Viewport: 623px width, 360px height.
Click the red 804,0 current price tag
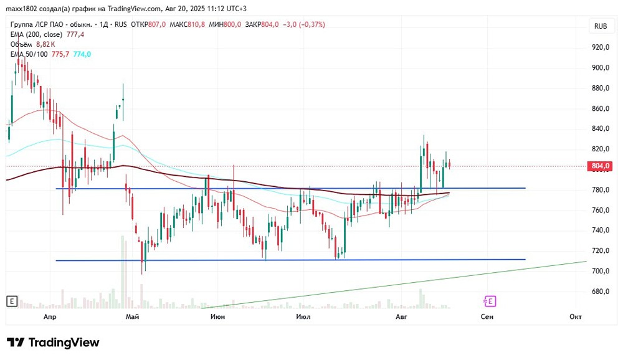599,166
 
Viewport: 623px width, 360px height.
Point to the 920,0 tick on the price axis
601,47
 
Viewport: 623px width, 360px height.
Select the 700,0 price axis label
601,271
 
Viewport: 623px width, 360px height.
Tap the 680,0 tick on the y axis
601,291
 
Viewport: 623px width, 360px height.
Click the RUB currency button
601,26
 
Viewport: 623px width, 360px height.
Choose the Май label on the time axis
132,316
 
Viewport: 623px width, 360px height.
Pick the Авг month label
401,316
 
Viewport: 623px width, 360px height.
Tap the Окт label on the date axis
575,316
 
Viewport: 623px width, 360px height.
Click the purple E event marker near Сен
490,301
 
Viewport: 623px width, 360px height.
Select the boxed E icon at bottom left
12,301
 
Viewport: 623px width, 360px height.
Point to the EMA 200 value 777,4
75,34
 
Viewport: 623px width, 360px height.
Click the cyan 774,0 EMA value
82,54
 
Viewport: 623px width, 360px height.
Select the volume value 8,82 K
45,44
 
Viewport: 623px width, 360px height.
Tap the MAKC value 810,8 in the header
196,25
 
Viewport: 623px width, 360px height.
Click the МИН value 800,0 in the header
232,25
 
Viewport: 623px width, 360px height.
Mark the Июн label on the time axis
217,316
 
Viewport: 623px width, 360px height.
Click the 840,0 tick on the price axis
601,128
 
